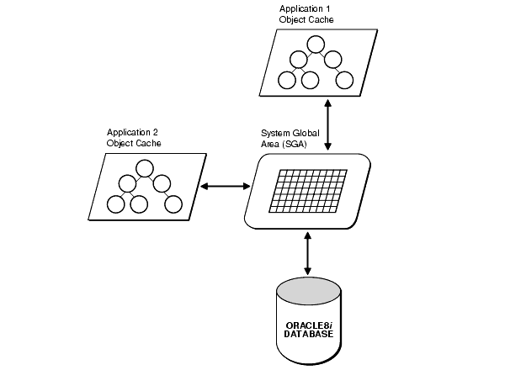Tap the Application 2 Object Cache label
click(134, 138)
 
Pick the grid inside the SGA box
click(306, 192)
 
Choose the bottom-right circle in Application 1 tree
click(344, 81)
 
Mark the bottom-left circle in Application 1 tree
click(286, 81)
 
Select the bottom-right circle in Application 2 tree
click(173, 203)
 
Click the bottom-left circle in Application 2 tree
click(114, 203)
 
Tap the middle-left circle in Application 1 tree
click(298, 61)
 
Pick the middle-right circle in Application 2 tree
click(162, 183)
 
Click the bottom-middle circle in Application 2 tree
click(138, 203)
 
